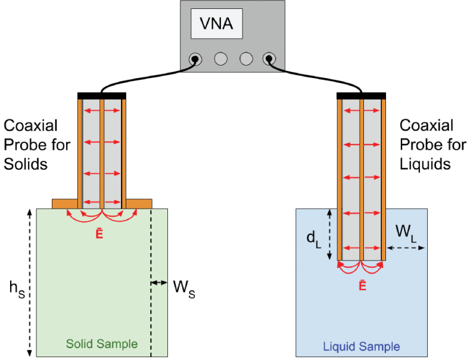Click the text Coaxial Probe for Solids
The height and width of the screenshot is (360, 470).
[37, 144]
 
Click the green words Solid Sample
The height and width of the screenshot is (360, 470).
[101, 344]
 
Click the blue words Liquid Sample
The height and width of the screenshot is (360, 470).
[361, 346]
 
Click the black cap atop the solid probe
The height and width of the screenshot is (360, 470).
[102, 95]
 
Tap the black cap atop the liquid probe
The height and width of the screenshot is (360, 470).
[361, 95]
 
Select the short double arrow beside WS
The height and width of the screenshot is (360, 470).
[159, 283]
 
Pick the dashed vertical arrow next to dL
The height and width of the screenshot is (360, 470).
[329, 234]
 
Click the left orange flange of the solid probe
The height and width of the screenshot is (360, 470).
[66, 203]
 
